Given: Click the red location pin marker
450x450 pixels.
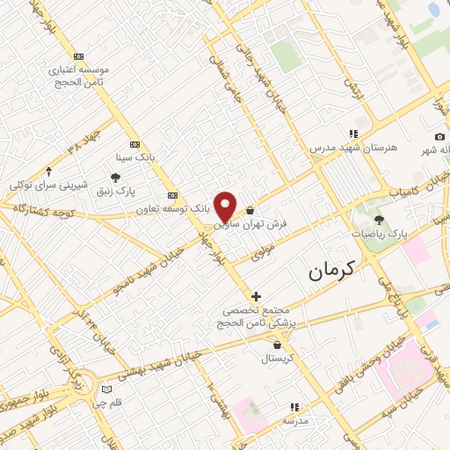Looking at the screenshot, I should point(226,206).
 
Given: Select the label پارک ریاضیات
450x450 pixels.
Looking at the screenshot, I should point(381,235).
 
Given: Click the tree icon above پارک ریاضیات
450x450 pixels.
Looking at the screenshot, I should point(380,221).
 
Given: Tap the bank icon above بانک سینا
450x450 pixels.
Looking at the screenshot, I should point(134,144).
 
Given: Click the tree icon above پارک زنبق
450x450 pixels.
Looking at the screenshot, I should point(115,178).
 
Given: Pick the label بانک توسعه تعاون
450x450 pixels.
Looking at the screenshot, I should point(171,209).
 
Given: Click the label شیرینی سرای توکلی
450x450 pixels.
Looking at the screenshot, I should point(49,185).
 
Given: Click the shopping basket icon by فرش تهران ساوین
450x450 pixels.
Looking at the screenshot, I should point(250,211).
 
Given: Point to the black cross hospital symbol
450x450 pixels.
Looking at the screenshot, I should point(256,296).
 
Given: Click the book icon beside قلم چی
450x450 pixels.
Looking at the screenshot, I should point(107,388).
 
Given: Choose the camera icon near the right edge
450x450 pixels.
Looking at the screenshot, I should point(439,137).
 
